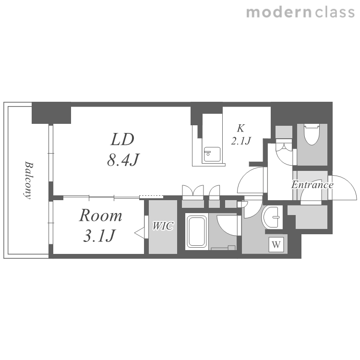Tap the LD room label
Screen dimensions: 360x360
(122, 139)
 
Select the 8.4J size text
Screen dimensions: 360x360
(123, 160)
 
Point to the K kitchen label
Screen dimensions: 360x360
(240, 128)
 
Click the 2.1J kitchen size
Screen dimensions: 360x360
(241, 141)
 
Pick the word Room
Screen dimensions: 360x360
(101, 216)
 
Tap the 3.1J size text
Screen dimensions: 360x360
(99, 236)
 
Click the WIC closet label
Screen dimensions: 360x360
(163, 226)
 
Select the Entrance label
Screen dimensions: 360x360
(312, 185)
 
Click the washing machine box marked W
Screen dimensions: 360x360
(276, 245)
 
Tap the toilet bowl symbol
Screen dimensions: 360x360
(312, 134)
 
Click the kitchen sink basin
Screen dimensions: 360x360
(212, 154)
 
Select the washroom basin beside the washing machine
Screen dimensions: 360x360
(272, 217)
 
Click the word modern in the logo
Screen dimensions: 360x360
(279, 12)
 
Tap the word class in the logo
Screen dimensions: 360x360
(335, 12)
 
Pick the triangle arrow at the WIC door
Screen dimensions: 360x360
(140, 233)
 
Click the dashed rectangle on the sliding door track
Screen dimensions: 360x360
(151, 197)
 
